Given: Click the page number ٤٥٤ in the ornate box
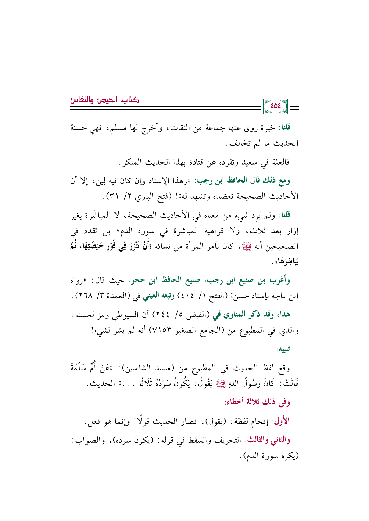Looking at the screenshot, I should tap(276, 106).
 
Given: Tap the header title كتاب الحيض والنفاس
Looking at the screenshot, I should tap(104, 99).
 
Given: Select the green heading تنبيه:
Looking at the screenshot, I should tap(284, 349).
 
